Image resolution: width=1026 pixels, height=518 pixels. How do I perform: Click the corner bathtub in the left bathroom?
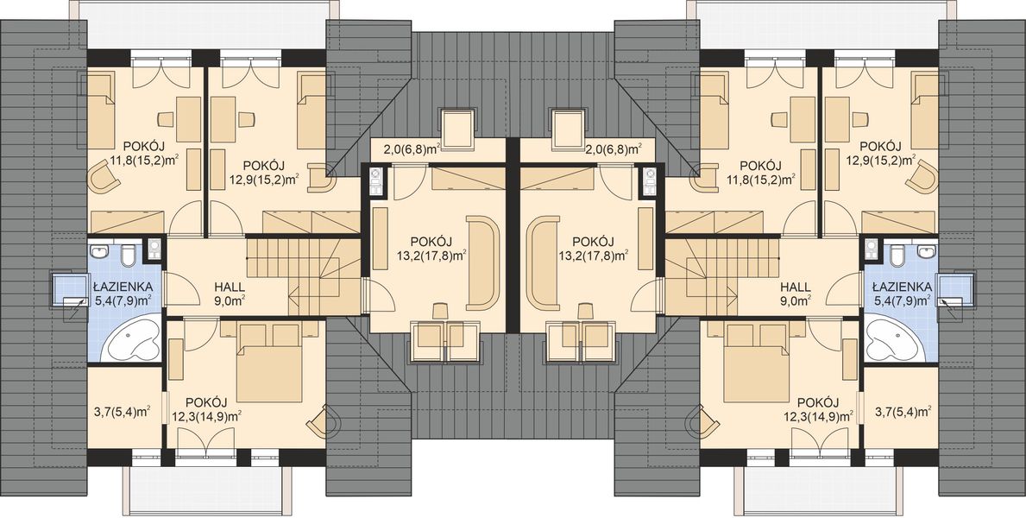(x=129, y=339)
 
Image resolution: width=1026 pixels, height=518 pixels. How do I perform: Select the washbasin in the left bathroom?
(x=102, y=252)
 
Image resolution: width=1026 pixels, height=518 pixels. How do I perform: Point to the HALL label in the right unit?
(x=795, y=287)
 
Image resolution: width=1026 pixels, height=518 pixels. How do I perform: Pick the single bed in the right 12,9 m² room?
(x=928, y=112)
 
